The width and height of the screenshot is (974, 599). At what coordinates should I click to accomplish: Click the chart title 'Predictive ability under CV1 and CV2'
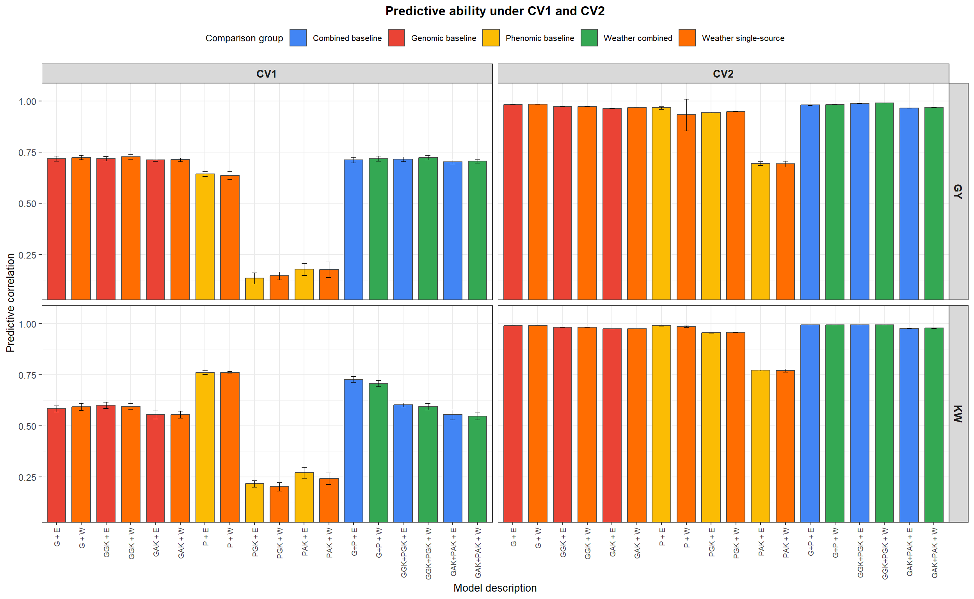[x=495, y=11]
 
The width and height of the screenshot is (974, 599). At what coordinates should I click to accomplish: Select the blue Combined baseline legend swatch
[x=298, y=38]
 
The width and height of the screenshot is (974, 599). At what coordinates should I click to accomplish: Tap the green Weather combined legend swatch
[x=589, y=38]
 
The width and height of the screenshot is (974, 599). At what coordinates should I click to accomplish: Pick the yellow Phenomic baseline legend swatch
[x=491, y=38]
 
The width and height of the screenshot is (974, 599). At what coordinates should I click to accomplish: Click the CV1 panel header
[x=267, y=74]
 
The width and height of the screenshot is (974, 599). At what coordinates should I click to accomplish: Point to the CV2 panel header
[x=723, y=74]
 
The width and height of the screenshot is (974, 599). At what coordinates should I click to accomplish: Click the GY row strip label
[x=957, y=191]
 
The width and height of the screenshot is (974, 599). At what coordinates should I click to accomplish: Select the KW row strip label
[x=957, y=414]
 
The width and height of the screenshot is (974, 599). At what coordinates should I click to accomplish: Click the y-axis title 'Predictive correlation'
[x=10, y=303]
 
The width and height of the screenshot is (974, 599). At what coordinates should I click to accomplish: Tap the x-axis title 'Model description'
[x=495, y=588]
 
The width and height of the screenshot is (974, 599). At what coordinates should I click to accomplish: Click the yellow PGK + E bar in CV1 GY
[x=254, y=289]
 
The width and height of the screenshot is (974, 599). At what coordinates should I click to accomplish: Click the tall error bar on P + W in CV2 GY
[x=686, y=115]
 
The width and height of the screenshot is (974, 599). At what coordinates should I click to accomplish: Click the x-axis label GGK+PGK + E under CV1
[x=403, y=553]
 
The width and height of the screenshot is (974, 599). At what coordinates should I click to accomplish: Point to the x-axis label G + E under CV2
[x=513, y=537]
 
